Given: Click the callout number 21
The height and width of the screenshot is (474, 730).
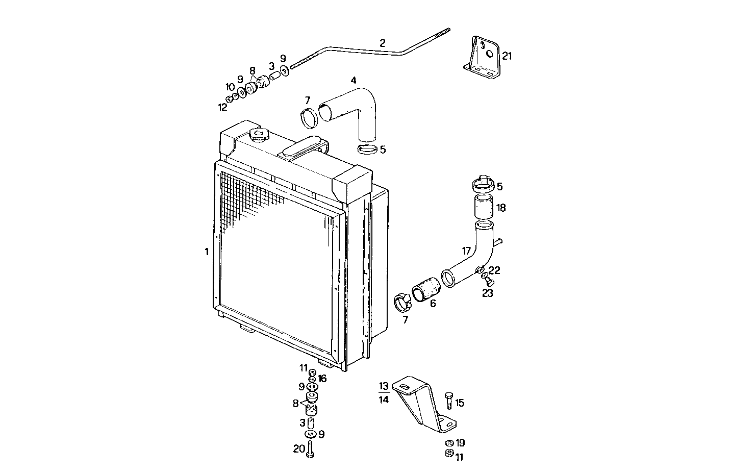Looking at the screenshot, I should (x=506, y=56).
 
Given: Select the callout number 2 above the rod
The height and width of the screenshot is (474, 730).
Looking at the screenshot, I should (x=382, y=42).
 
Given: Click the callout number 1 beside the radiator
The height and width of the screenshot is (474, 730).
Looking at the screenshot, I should (x=207, y=252).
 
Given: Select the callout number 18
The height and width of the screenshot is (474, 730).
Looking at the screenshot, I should (x=501, y=208).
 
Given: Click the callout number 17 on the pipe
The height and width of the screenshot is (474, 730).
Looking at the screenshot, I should (x=466, y=251).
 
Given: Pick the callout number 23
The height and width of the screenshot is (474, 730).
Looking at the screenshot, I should (x=488, y=293).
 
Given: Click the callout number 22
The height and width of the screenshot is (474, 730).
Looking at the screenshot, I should (x=494, y=270).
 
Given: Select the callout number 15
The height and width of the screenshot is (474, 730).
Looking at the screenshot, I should (x=460, y=403).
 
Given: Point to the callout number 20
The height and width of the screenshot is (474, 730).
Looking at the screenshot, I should (x=299, y=449).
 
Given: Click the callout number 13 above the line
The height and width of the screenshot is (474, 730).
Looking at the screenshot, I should (x=384, y=386).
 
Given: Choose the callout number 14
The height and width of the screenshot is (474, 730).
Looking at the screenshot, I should (x=384, y=400).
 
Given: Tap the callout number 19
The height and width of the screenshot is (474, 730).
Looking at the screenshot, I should (x=460, y=443).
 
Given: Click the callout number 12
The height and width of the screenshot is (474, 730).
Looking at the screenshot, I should (x=222, y=107).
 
